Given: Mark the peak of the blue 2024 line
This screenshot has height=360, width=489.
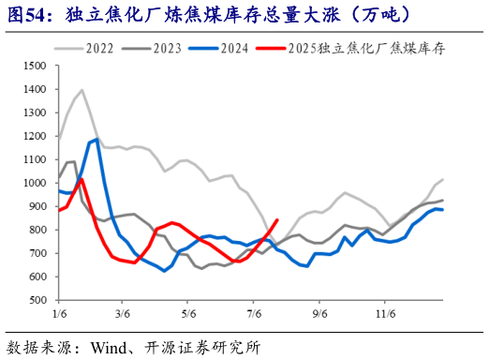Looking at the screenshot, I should [x=97, y=140].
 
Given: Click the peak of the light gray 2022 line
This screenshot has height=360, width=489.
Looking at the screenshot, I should [x=81, y=90].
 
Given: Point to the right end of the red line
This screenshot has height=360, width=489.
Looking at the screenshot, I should [x=277, y=220].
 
